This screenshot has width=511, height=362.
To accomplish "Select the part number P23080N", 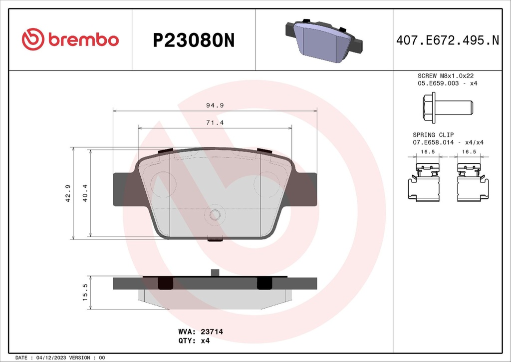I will tap(193, 40).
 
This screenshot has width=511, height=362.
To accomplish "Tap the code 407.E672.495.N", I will tap(447, 40).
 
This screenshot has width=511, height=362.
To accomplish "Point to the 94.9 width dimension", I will tap(215, 105).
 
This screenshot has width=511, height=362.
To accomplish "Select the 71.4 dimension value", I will tap(215, 122).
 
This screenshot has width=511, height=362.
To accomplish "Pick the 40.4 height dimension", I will tap(85, 193).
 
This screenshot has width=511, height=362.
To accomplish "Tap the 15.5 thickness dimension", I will tap(85, 292).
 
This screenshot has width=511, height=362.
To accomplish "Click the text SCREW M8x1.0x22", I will tap(445, 75).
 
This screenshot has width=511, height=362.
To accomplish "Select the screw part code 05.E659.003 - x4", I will tap(447, 83).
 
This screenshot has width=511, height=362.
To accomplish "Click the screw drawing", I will tap(447, 107).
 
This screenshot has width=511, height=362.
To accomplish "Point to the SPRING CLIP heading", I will tap(433, 135).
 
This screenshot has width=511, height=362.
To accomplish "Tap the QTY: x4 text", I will tap(194, 341).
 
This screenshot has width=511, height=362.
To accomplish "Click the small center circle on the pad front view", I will tap(215, 214).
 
